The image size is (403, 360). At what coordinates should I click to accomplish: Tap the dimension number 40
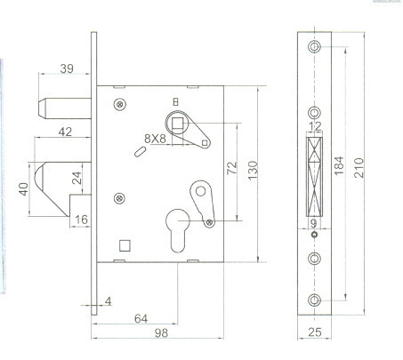pyautogui.click(x=23, y=188)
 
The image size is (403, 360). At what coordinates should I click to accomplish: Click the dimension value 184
pyautogui.click(x=339, y=169)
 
